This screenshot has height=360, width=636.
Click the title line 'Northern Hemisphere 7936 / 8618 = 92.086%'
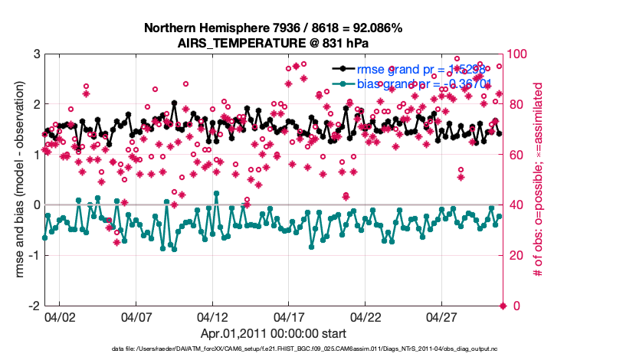[274, 28]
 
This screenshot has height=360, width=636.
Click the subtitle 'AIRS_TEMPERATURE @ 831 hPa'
[274, 43]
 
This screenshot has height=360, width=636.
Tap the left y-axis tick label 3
[36, 54]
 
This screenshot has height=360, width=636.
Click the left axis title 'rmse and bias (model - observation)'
[17, 180]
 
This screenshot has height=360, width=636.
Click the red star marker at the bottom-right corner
[503, 306]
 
